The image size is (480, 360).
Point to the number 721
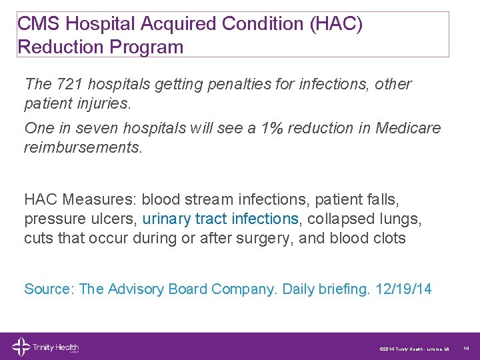coord(70,85)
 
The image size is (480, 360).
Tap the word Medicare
coord(408,128)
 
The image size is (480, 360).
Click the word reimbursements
coord(82,147)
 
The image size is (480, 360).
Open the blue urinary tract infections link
coord(221,219)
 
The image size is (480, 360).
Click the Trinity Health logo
coord(45,347)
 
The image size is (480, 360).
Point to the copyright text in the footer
coord(413,348)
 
